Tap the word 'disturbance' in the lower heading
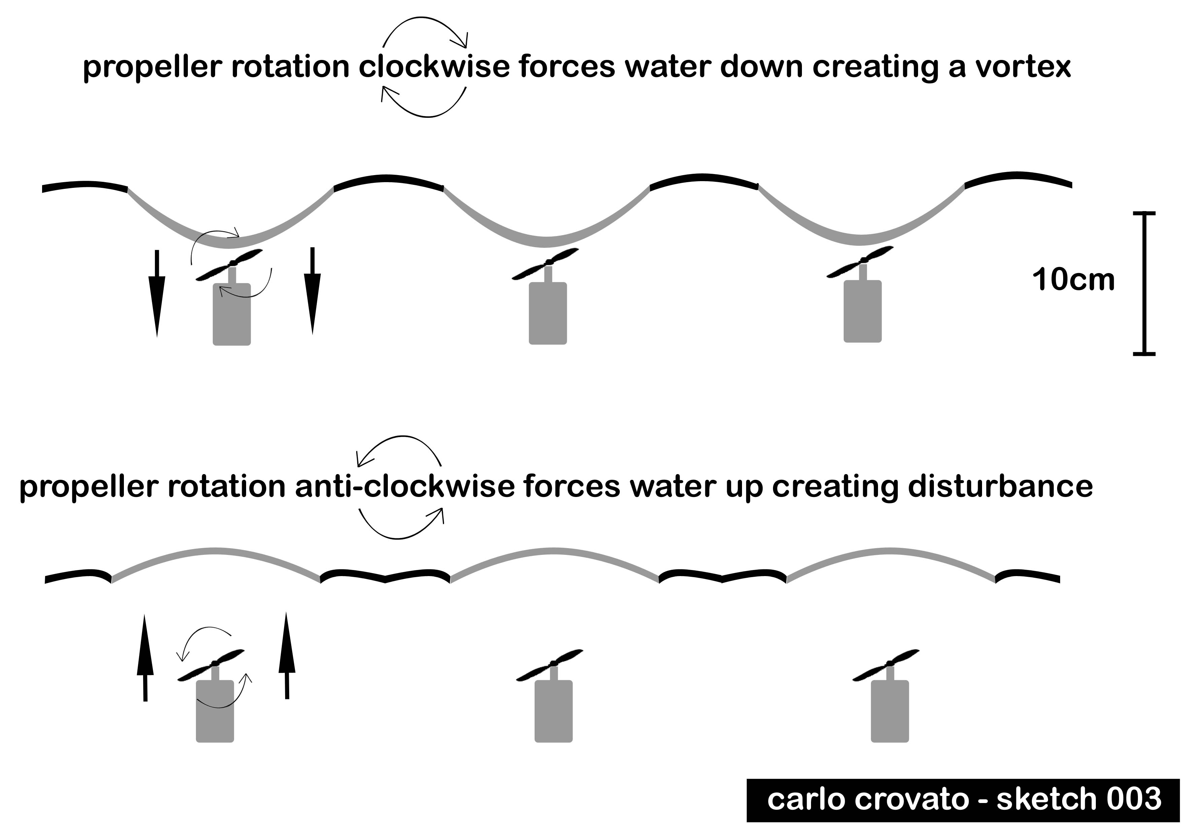[x=1001, y=486]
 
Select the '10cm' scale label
[x=1073, y=280]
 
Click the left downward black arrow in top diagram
[x=157, y=293]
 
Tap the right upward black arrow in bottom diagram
[x=286, y=656]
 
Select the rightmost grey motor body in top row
[x=863, y=311]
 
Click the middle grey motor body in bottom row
[x=553, y=711]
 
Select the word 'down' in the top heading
[x=761, y=67]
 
